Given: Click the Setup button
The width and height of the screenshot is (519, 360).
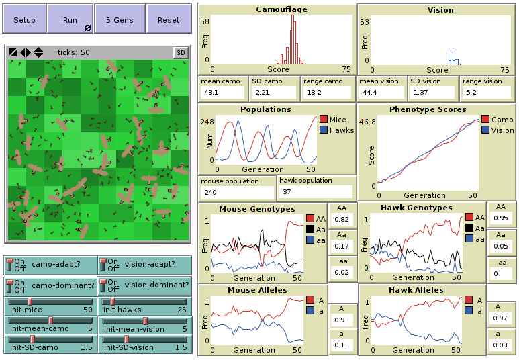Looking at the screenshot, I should [x=24, y=19].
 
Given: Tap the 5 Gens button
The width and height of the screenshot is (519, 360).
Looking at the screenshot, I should [x=120, y=19].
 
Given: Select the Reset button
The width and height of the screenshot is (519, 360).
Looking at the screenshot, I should [x=169, y=19].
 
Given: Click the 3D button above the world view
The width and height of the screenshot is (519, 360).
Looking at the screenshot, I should [x=180, y=52].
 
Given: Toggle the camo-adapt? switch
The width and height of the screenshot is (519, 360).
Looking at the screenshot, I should [x=50, y=265].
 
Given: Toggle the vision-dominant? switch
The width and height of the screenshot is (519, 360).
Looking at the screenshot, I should [x=144, y=285].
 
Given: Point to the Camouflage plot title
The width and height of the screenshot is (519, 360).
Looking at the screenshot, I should [x=277, y=9].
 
